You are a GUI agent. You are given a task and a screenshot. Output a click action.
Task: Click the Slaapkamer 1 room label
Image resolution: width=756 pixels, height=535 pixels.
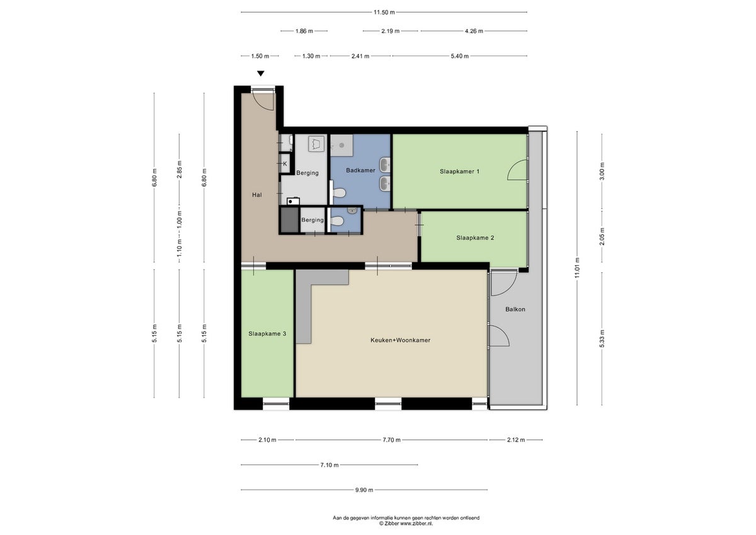coord(459,171)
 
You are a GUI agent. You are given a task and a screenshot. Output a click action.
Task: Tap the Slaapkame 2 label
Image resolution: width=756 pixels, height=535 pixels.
coord(475,238)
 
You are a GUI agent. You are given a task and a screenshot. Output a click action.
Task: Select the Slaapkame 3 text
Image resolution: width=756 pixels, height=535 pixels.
coord(267,333)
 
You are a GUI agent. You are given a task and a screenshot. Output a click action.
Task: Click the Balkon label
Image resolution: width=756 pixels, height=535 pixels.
coord(515,309)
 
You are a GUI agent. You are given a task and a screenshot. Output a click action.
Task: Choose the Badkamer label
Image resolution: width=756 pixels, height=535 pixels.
coord(360,170)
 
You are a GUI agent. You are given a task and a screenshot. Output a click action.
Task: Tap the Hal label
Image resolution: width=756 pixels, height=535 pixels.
coord(256,195)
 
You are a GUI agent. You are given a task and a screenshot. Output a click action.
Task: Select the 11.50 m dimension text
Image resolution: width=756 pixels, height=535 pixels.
coord(384,12)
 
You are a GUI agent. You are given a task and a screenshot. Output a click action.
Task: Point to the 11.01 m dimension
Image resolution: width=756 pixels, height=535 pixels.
coord(577,267)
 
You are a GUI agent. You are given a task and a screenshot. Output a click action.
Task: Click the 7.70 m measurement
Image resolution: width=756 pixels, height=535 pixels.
coord(391,440)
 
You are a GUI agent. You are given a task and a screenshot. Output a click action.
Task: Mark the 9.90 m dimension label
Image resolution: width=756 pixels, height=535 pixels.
coord(364,490)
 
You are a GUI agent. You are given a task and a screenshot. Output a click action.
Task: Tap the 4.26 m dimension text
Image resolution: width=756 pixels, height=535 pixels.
coord(473,30)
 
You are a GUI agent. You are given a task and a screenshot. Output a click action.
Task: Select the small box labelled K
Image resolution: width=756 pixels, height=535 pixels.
coord(285,164)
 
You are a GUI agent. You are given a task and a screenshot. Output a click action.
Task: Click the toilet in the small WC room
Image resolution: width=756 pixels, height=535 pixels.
coord(338,221)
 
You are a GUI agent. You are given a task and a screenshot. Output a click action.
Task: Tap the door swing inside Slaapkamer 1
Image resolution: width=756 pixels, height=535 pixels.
coord(517,171)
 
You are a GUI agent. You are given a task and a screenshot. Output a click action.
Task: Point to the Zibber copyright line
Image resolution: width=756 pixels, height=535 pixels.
coord(406,523)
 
